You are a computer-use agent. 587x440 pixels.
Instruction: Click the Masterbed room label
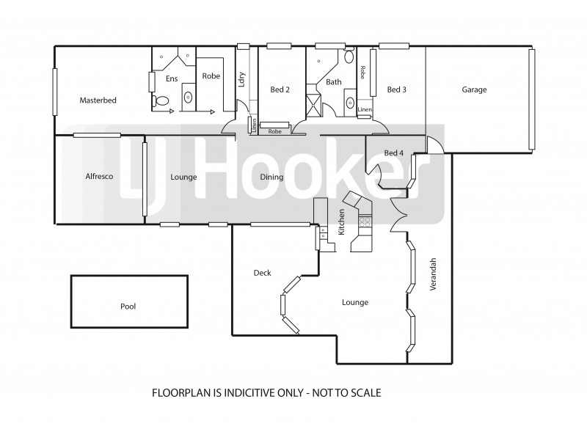coord(98,100)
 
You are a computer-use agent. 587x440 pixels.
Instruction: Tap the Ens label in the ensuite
coord(172,78)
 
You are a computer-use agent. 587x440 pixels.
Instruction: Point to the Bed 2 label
coord(280,90)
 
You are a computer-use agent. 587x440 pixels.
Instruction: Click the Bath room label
coord(334,82)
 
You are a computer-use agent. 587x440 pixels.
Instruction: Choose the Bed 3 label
coord(396,90)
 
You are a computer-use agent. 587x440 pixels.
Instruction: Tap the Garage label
coord(474,90)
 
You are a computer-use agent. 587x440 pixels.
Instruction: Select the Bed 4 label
coord(394,153)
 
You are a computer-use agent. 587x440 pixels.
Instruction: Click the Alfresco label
coord(98,177)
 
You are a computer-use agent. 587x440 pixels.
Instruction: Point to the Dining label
coord(272,177)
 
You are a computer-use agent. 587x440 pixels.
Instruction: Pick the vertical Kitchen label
coord(341,221)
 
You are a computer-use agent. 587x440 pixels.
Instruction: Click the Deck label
coord(262,273)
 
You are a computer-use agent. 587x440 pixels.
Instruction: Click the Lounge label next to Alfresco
coord(183,177)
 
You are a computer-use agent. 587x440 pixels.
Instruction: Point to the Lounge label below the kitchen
coord(354,302)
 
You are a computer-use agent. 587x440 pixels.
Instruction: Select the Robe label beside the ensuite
coord(211,75)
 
